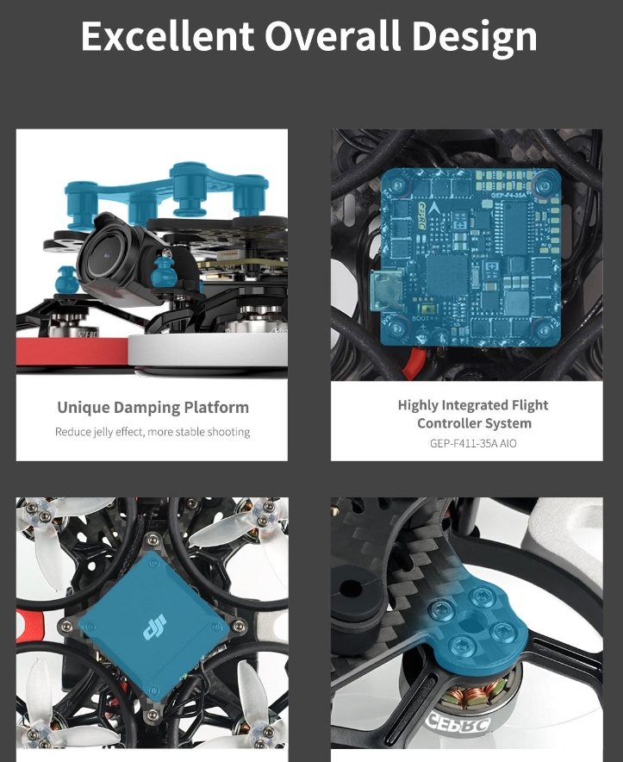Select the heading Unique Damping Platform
153,407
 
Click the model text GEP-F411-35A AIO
473,443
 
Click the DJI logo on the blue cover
154,627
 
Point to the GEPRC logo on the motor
458,723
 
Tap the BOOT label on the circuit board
420,318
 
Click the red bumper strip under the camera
73,351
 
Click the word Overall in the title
333,36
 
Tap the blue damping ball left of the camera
66,280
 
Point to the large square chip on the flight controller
446,273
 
